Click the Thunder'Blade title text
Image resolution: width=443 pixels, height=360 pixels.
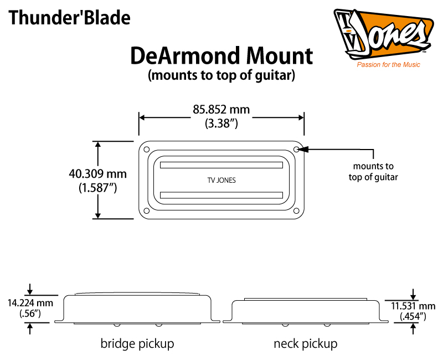point(69,18)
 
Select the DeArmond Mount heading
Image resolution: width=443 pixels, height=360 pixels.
point(221,55)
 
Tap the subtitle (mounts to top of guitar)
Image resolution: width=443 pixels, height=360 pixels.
point(221,75)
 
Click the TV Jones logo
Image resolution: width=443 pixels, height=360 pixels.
point(383,34)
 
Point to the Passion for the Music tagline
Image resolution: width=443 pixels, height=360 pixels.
point(388,65)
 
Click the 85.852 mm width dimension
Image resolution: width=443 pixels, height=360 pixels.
point(221,110)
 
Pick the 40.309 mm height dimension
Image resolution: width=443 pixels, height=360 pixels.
point(97,173)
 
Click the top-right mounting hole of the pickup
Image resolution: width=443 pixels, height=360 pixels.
point(297,150)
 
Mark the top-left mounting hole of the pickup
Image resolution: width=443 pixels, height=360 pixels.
point(146,150)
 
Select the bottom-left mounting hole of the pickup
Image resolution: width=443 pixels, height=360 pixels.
point(146,210)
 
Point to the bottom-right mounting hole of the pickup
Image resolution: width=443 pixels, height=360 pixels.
point(297,210)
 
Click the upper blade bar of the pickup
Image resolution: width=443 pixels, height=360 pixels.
point(221,164)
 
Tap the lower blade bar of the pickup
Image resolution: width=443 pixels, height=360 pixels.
point(221,194)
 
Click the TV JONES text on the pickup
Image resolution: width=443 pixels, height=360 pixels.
point(221,179)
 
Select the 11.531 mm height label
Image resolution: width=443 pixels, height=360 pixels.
point(412,306)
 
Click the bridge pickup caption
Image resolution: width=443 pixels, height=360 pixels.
point(137,343)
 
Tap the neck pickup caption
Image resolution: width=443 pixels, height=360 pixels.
point(305,343)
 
